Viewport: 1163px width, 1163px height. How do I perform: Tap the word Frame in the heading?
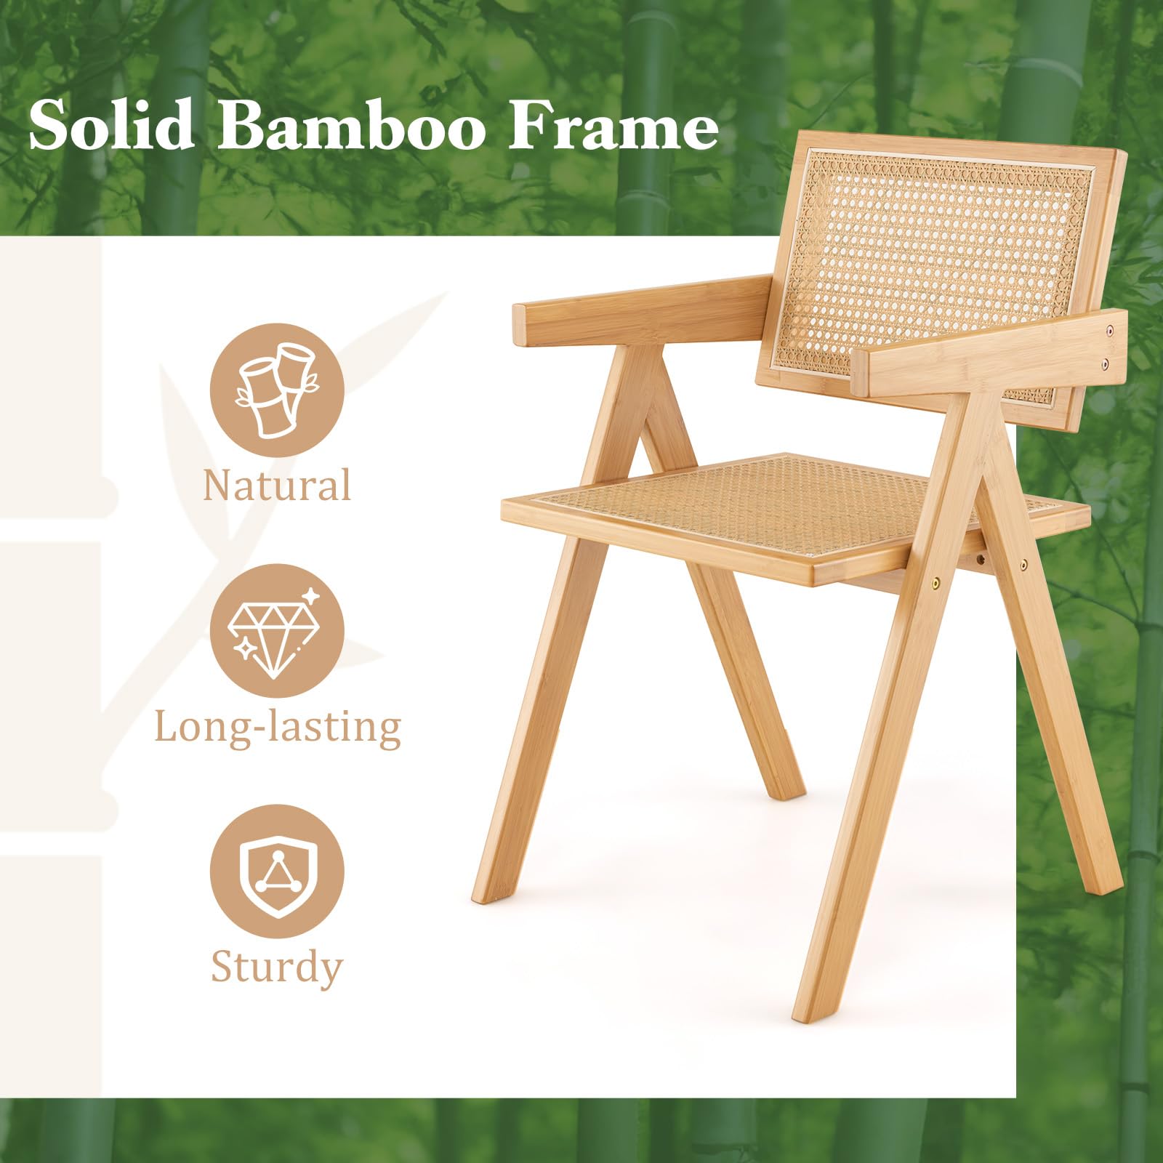(x=613, y=126)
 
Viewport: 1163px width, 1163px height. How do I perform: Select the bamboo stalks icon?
(x=277, y=390)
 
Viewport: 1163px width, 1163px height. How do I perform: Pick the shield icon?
(x=277, y=872)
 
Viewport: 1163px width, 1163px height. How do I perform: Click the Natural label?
(x=277, y=485)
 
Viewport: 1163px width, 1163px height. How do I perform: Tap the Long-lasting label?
(x=278, y=726)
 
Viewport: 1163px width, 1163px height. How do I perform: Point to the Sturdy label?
(x=276, y=967)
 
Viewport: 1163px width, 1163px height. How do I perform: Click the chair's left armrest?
(x=641, y=311)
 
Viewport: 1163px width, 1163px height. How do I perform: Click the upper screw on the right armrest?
(x=1109, y=331)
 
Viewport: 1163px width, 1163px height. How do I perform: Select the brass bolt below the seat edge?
(x=936, y=582)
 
